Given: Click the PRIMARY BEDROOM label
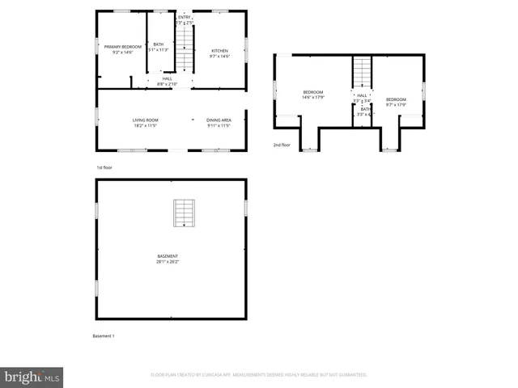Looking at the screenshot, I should (123, 47).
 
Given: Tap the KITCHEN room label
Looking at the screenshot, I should (220, 50).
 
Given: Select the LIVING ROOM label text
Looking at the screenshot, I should (146, 120).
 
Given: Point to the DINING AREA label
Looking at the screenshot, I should (219, 120).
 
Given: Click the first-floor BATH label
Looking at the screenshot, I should (159, 44).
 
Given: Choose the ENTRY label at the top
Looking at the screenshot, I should (185, 17).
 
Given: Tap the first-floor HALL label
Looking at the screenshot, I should (167, 78).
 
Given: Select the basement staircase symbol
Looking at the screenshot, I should (185, 213).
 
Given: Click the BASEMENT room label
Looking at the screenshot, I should (168, 256).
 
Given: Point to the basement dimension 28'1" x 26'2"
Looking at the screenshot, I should (168, 262).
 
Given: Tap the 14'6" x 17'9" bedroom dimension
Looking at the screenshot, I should (313, 98).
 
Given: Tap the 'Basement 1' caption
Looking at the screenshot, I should (104, 335).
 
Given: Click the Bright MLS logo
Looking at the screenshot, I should (32, 376).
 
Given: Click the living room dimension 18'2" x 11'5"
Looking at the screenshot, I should (146, 125).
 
